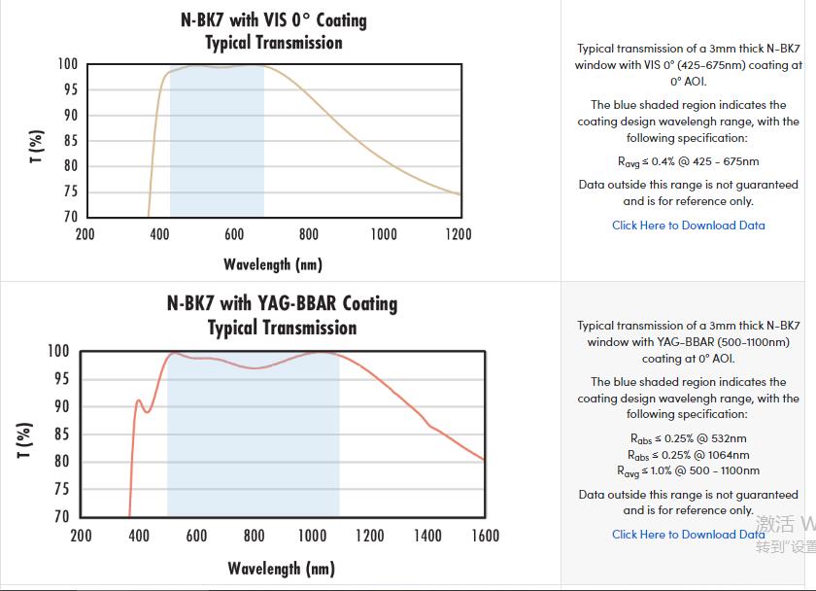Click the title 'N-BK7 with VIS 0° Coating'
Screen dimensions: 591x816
[273, 19]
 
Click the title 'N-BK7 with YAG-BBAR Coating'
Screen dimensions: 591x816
[282, 303]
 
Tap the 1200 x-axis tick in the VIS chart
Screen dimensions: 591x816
[459, 234]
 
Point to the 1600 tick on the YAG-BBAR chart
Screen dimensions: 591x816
[485, 536]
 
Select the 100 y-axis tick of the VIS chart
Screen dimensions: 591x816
[67, 64]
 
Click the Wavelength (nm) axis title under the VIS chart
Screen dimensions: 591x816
[273, 264]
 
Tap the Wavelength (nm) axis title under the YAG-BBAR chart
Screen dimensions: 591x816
[282, 568]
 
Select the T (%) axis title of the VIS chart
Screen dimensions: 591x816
[37, 147]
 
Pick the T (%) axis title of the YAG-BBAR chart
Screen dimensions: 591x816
[25, 440]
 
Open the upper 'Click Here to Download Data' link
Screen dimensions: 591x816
[688, 226]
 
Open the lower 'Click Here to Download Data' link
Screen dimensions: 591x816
[688, 535]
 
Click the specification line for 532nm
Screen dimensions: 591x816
[688, 438]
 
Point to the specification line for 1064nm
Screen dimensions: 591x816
[688, 455]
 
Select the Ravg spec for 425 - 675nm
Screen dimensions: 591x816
[688, 162]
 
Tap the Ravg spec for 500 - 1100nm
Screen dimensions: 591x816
[688, 471]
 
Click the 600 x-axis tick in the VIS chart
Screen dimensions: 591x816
[234, 234]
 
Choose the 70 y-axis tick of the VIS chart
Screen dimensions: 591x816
[69, 217]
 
